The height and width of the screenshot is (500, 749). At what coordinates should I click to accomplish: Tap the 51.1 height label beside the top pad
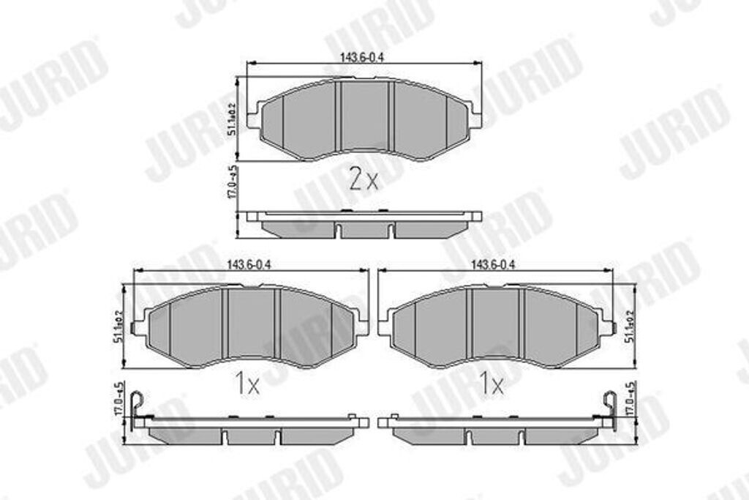(x=231, y=119)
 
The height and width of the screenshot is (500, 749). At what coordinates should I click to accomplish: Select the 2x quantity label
(x=363, y=179)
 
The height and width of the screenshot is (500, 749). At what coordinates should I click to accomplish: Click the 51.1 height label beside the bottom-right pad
(x=628, y=328)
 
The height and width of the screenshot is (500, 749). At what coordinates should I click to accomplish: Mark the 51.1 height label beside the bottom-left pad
(x=116, y=328)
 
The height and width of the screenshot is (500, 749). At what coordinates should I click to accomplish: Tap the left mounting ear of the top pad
(x=253, y=118)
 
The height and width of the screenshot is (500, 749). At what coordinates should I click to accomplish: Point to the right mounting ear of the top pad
(x=475, y=118)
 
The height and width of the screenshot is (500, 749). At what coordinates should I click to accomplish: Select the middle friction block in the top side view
(x=365, y=230)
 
